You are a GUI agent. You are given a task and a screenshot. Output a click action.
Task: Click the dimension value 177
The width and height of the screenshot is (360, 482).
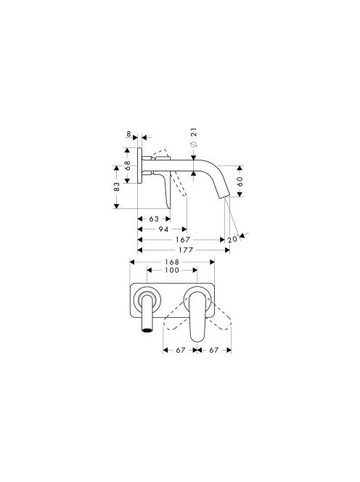186,250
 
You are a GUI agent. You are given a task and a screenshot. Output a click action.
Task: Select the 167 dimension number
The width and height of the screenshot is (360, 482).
183,240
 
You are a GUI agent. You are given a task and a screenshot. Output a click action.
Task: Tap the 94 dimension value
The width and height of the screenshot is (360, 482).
163,229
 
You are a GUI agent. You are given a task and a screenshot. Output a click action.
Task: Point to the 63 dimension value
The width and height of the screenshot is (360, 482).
154,219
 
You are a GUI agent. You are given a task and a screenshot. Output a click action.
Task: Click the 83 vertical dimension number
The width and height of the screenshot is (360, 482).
117,187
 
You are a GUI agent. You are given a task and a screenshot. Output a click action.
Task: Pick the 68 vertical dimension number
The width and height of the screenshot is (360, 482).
128,166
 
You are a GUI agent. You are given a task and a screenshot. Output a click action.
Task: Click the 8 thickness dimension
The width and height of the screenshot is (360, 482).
128,134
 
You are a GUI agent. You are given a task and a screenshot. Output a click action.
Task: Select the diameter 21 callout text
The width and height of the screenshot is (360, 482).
194,137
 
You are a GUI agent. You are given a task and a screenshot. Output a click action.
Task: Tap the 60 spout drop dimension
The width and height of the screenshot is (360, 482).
240,181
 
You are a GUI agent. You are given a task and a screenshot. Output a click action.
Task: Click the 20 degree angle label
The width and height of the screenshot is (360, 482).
233,239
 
